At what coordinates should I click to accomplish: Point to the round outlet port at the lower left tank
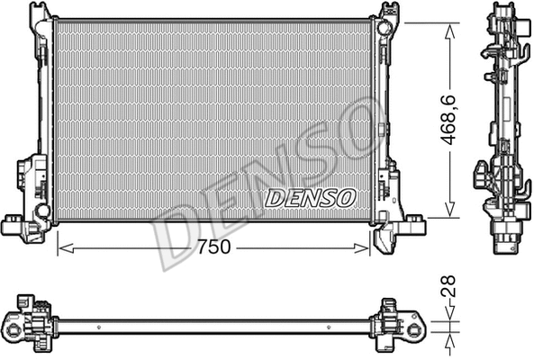click(x=41, y=211)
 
